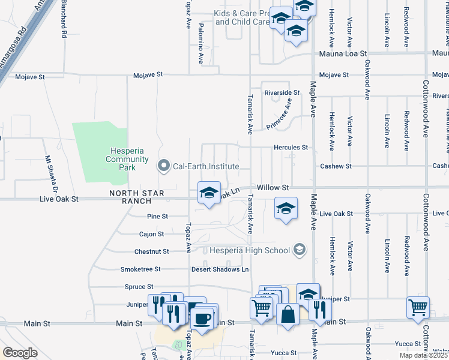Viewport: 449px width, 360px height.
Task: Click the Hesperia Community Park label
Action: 127,155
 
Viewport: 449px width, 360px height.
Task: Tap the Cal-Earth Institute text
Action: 206,166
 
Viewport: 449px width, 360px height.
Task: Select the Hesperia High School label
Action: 249,251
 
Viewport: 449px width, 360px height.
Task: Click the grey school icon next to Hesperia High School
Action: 299,250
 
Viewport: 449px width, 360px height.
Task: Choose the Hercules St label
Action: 291,147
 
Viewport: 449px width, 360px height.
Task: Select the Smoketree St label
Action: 140,269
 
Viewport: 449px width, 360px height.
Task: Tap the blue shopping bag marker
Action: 288,314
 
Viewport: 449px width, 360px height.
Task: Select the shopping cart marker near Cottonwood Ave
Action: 418,307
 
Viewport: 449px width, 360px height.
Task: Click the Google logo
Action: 20,353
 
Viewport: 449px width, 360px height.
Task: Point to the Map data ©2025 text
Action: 423,355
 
